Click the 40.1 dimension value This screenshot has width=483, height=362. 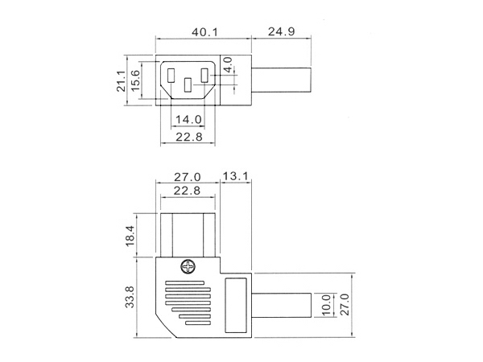tap(204, 31)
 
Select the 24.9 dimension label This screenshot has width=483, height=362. tap(281, 31)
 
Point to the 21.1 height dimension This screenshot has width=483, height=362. tap(121, 81)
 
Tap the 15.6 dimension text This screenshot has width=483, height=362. tap(135, 80)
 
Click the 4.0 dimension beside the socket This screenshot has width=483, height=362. tap(228, 64)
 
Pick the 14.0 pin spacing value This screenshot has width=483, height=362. tap(188, 119)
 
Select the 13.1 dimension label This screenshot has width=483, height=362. tap(235, 176)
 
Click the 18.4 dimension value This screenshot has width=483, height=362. tap(130, 236)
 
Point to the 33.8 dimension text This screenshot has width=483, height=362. tap(130, 297)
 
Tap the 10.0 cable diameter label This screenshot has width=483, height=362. tap(326, 305)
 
